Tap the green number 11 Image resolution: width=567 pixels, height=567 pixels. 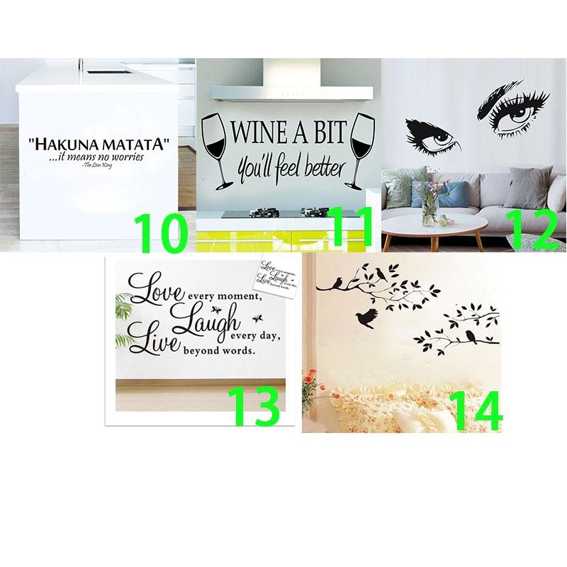pos(347,228)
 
